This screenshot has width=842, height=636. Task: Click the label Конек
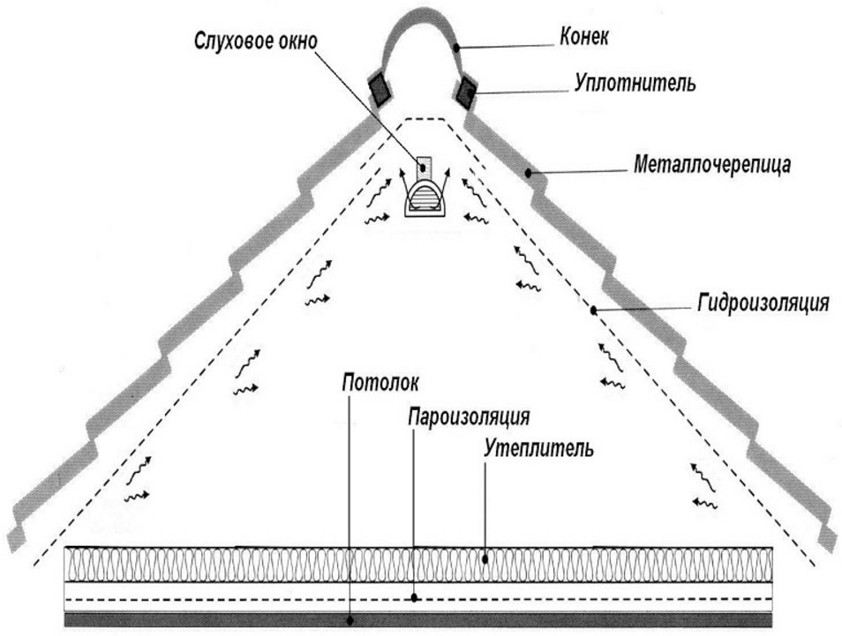584,37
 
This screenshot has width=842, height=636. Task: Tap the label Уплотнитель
635,83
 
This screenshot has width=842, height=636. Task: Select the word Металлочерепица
712,164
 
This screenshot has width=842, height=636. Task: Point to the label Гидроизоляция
763,303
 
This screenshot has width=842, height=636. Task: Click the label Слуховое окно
256,41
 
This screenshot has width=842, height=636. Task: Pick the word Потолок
380,383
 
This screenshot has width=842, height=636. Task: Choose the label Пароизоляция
469,416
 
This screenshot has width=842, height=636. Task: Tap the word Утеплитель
538,447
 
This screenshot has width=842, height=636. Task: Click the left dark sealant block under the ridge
380,88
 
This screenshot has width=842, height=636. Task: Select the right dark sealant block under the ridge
465,91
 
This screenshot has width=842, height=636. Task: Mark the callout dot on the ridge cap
456,48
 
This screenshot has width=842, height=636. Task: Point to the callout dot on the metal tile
529,173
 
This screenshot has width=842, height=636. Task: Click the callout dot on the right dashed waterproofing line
594,311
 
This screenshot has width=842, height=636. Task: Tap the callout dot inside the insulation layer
485,558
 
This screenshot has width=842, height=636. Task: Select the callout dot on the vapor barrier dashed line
414,597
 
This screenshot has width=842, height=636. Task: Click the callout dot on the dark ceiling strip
350,621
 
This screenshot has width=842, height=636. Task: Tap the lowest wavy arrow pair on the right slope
704,486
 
